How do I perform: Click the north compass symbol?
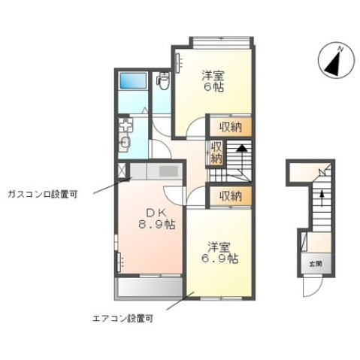(336, 60)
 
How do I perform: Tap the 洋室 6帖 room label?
(213, 80)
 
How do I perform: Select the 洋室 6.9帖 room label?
(219, 253)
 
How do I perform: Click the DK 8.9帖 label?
(156, 219)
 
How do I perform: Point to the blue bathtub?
(133, 80)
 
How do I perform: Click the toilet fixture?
(163, 80)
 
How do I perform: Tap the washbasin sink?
(124, 144)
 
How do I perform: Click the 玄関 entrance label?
(316, 264)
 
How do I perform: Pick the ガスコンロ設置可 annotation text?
(43, 194)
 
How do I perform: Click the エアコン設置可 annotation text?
(123, 319)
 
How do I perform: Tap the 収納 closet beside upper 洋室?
(231, 127)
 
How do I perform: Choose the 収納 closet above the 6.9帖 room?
(231, 196)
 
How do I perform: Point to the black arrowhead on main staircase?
(242, 148)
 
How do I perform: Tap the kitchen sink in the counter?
(168, 171)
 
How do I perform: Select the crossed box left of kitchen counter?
(122, 171)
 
